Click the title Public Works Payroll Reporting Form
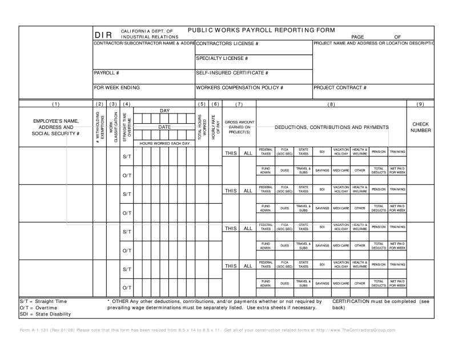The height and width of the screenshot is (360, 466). pos(261,30)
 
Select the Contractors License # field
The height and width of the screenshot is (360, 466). pos(227,44)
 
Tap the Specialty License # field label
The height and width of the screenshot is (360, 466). pos(222,58)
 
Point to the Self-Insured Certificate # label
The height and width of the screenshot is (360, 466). pos(232,73)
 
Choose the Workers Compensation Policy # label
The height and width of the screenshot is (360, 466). pos(239,88)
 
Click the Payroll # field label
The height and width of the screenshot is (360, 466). pos(107,73)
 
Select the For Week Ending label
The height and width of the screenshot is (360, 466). pos(117,88)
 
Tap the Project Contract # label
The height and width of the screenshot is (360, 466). pos(340,88)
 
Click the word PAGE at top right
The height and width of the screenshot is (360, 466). pos(357,37)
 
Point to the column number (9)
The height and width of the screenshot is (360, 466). pos(420,104)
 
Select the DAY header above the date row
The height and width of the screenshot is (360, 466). pos(164,110)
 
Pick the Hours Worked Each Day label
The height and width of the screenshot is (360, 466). pos(164,143)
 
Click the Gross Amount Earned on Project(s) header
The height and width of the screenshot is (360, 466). pos(239,127)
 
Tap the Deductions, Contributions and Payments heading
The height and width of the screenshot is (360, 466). pos(331,127)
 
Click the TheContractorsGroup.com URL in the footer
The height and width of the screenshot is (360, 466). pos(363,330)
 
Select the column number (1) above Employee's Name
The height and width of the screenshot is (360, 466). pos(55,104)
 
